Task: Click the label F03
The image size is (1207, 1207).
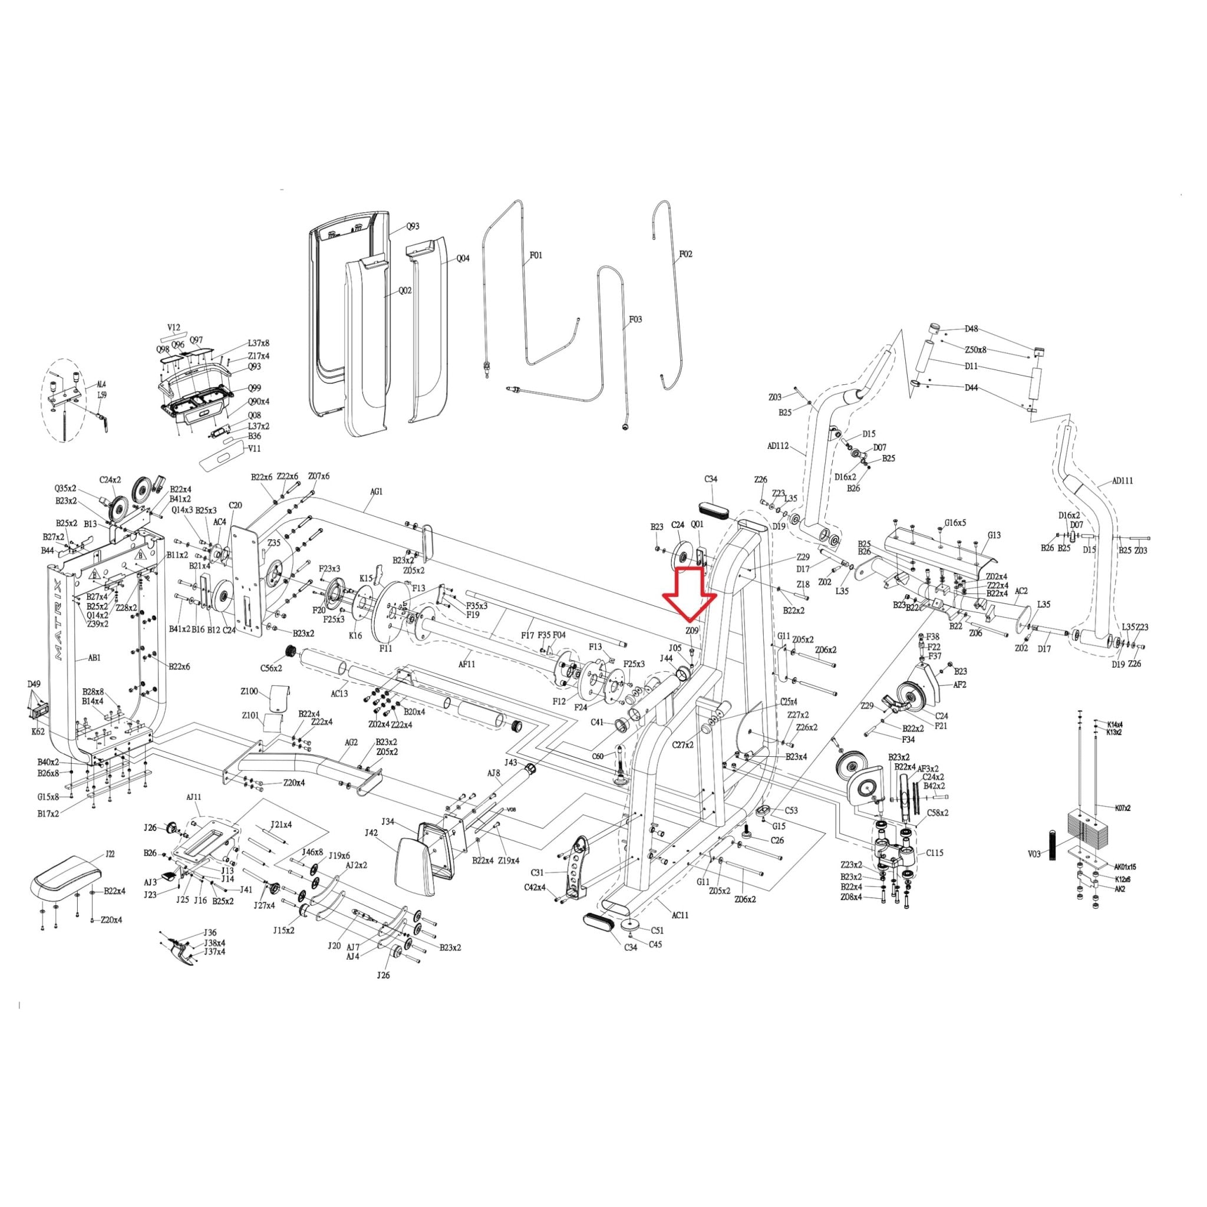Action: pyautogui.click(x=635, y=319)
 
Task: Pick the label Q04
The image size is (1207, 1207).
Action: pyautogui.click(x=463, y=258)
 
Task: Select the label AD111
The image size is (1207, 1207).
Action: pyautogui.click(x=1123, y=481)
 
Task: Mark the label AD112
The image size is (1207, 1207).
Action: pyautogui.click(x=778, y=446)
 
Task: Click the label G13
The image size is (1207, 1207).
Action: pyautogui.click(x=994, y=535)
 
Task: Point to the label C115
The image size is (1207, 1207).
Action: pyautogui.click(x=935, y=852)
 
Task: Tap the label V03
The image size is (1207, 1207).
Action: pyautogui.click(x=1034, y=854)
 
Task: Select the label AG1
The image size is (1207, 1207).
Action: pyautogui.click(x=376, y=492)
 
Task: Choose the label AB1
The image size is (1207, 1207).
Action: pyautogui.click(x=94, y=658)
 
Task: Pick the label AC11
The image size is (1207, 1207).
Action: pyautogui.click(x=680, y=915)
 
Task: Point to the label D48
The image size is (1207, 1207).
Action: pyautogui.click(x=971, y=329)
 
